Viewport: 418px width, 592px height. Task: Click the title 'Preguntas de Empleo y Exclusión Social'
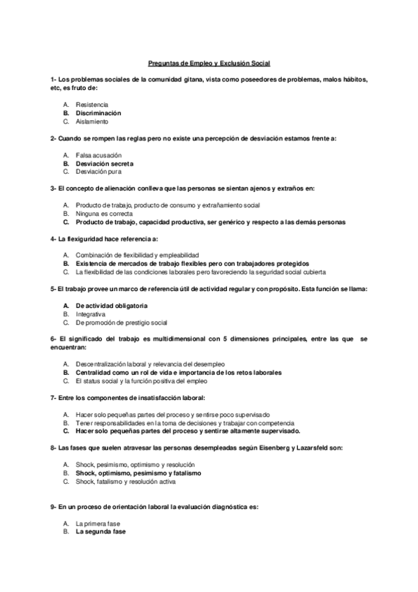(209, 63)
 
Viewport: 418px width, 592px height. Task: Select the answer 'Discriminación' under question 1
(98, 112)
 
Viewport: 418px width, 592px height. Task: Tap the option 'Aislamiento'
(91, 121)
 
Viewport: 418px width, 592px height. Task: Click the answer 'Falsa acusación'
(98, 154)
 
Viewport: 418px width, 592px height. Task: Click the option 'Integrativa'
(91, 314)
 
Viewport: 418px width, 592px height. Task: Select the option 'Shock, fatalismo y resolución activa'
(126, 481)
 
